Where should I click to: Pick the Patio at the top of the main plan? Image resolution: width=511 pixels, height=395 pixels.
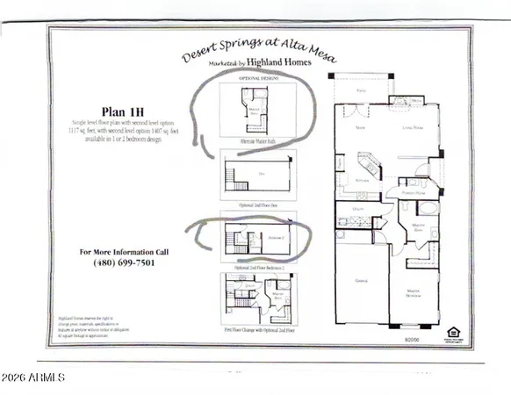(360, 90)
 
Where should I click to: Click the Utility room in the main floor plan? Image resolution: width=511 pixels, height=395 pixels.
(358, 209)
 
